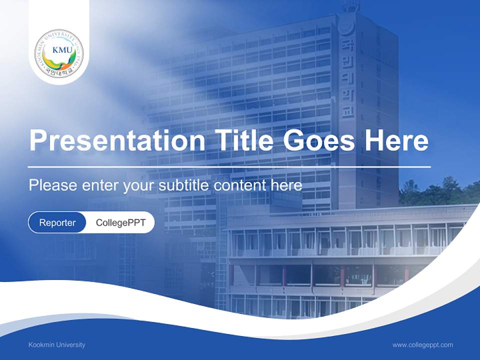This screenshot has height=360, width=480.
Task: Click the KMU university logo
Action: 59,53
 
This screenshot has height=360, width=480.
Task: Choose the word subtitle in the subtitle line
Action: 184,185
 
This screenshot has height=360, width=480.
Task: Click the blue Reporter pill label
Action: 57,222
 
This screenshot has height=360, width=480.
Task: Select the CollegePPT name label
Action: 120,222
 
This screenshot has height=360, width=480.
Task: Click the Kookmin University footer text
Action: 57,344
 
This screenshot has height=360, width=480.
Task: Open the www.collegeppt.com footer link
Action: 422,344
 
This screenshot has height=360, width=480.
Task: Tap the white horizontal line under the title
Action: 229,166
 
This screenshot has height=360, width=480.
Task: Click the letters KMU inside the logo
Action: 59,49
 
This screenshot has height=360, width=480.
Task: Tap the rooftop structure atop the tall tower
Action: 350,6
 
